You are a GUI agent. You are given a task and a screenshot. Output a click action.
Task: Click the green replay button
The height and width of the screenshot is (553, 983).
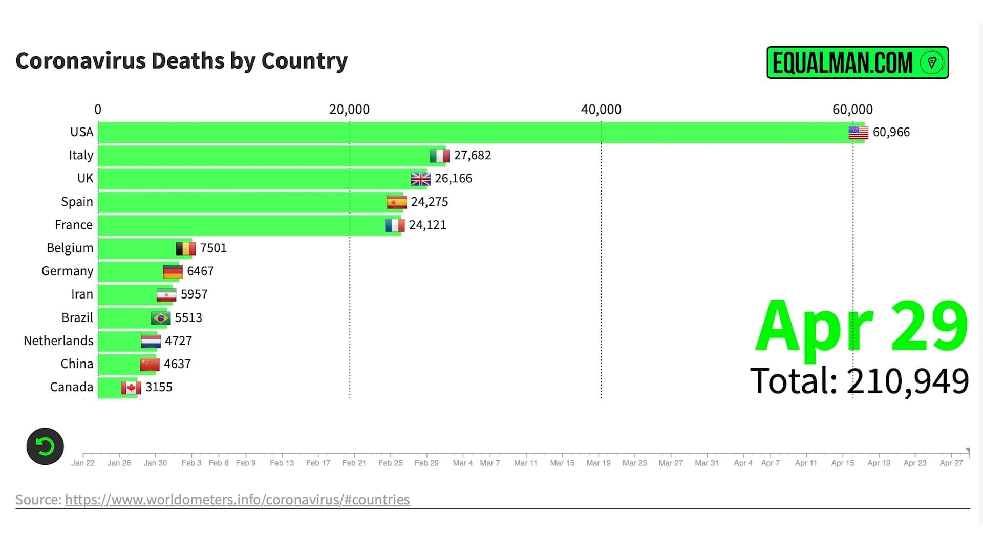[x=45, y=446]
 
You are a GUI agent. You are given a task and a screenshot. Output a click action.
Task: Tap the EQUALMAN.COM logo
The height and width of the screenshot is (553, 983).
[x=857, y=62]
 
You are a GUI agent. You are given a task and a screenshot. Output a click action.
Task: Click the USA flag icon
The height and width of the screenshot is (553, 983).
[x=858, y=133]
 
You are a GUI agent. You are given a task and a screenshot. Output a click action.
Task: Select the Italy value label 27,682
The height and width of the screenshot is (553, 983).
[x=472, y=155]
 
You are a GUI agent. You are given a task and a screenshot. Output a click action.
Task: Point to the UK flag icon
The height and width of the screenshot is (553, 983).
[x=420, y=179]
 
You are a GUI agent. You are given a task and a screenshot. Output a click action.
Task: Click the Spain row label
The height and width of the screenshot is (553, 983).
[x=77, y=202]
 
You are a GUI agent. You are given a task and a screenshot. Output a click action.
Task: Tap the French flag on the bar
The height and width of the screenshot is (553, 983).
[x=395, y=225]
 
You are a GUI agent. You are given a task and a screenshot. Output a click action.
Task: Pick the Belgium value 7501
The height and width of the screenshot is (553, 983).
[x=213, y=248]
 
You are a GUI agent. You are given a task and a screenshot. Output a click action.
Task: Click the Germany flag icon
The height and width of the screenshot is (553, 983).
[x=173, y=271]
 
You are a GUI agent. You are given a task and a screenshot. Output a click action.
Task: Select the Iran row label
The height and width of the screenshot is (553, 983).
[x=82, y=294]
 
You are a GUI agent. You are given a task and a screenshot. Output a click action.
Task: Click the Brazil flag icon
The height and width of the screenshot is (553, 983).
[x=160, y=318]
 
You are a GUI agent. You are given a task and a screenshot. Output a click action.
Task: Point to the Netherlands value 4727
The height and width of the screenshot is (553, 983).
[x=178, y=341]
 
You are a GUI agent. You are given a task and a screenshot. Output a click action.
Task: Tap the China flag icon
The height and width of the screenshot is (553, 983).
[x=149, y=364]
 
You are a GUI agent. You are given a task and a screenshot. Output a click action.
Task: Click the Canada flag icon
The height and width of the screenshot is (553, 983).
[x=131, y=388]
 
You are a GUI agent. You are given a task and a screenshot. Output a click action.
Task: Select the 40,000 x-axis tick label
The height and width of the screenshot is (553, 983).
[x=601, y=110]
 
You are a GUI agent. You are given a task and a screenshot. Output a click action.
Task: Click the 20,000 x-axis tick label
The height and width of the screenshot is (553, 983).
[x=349, y=110]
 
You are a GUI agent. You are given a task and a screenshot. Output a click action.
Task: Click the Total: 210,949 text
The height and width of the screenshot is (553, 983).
[x=859, y=381]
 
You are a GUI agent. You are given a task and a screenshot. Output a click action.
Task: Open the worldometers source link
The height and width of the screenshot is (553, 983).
[x=237, y=500]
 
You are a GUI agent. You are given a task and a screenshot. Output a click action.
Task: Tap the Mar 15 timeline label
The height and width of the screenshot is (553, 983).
[x=562, y=463]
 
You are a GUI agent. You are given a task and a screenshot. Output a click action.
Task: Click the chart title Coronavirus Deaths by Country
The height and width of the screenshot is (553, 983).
[x=181, y=61]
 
